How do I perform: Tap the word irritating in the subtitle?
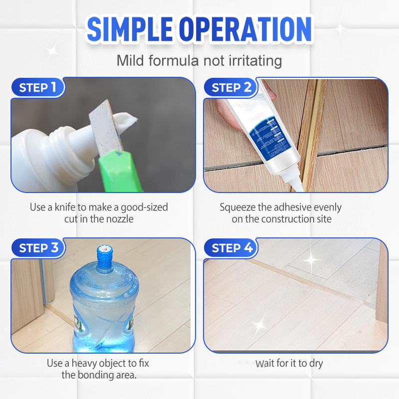(x=252, y=61)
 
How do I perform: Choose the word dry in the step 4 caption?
(x=316, y=363)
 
